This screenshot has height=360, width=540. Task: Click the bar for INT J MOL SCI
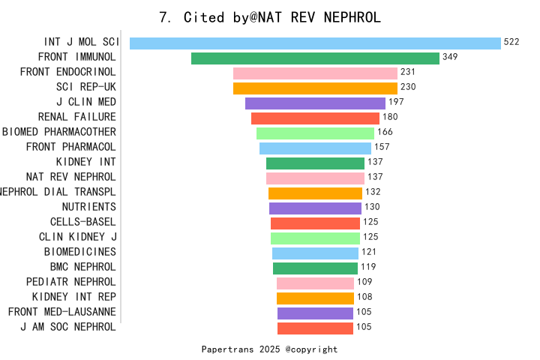(315, 43)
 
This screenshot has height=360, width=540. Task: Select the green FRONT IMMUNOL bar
(315, 58)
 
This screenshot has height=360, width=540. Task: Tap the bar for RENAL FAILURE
(315, 118)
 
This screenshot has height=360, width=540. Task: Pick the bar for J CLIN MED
(315, 103)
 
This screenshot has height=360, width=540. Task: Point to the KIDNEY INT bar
(315, 163)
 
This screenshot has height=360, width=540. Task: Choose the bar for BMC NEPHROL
(315, 268)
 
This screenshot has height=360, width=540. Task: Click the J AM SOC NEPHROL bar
(315, 328)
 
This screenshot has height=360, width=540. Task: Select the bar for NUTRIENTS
(315, 208)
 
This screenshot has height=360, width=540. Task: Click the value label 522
(511, 42)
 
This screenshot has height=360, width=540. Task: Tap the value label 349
(450, 57)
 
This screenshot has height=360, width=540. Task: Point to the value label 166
(385, 132)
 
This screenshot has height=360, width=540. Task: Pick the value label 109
(364, 282)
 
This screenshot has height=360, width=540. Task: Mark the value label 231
(408, 72)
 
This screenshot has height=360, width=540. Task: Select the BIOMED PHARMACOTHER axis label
(59, 132)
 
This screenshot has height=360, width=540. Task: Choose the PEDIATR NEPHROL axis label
(71, 282)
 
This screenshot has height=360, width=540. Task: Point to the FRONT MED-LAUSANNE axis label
(62, 312)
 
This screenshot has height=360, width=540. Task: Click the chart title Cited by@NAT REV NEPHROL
(270, 17)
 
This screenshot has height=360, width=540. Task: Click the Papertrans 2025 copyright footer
(270, 349)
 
